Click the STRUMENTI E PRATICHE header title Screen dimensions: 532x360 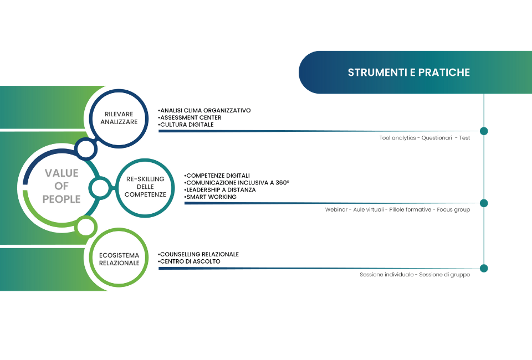(x=409, y=72)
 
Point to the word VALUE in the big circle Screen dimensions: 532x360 (x=62, y=173)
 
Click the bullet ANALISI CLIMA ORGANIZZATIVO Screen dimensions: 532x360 (x=204, y=111)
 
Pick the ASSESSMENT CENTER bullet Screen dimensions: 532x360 (x=190, y=117)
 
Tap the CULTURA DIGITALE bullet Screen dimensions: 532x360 (x=186, y=125)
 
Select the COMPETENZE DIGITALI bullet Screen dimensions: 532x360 (x=217, y=176)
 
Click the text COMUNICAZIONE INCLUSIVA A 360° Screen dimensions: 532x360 (x=237, y=183)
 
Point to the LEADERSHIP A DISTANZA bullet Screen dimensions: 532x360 (x=220, y=190)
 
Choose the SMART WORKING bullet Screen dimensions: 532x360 (x=211, y=197)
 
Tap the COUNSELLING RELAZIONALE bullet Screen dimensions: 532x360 (x=198, y=254)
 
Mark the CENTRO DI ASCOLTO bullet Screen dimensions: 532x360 (x=189, y=261)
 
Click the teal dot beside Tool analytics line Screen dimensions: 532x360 (x=484, y=131)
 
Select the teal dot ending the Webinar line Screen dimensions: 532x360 (x=484, y=203)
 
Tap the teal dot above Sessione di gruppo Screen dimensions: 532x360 (x=484, y=268)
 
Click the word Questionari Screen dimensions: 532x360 (x=437, y=137)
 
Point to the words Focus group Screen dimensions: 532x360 (x=453, y=209)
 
